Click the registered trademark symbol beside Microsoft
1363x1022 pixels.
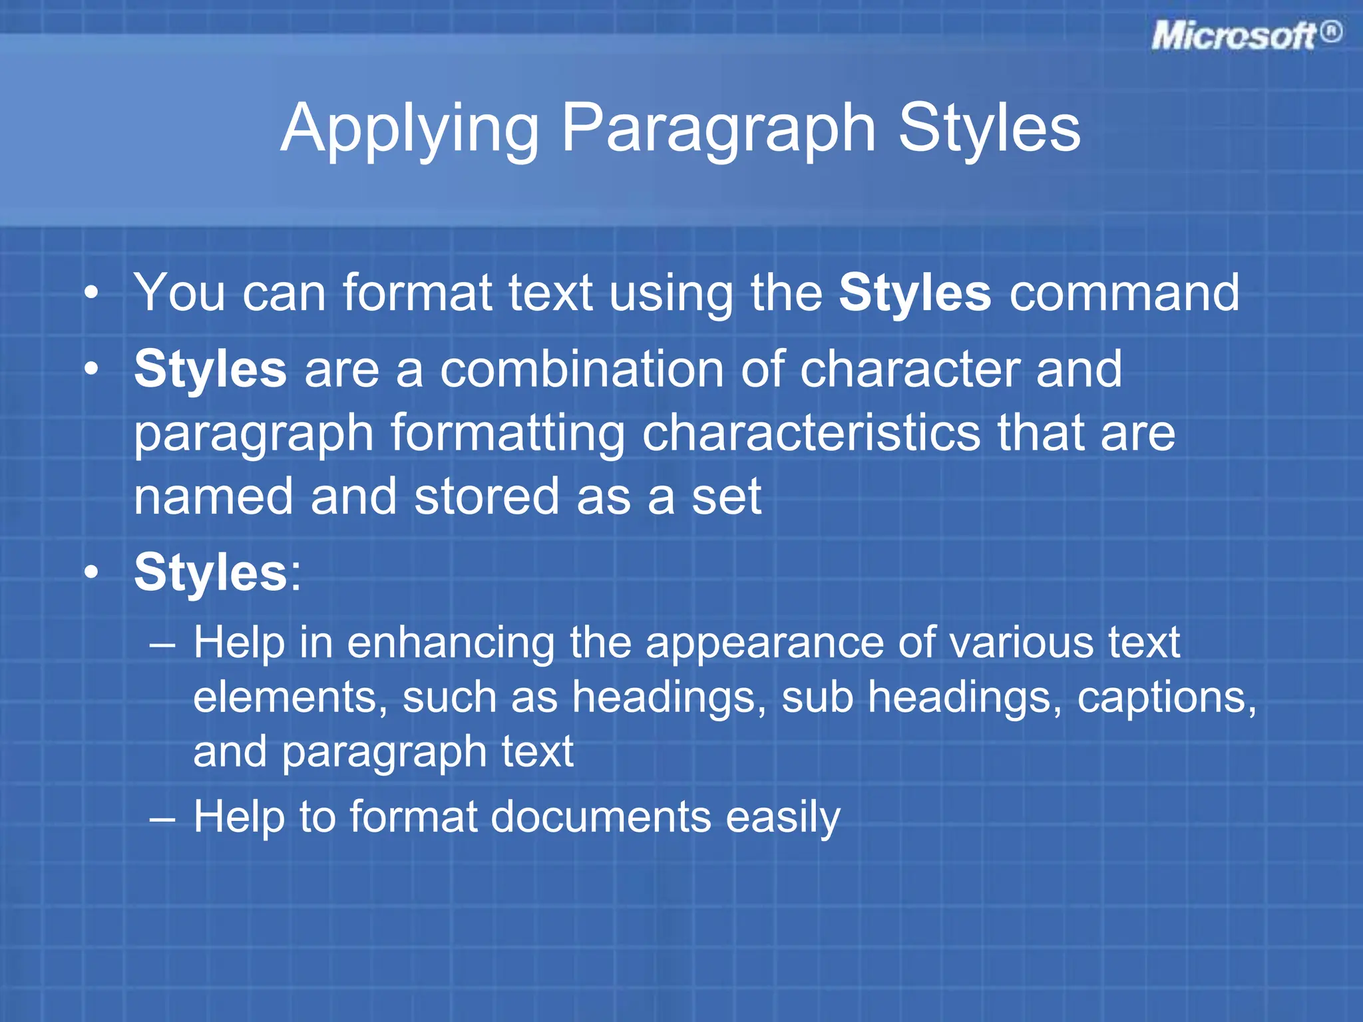[x=1330, y=32]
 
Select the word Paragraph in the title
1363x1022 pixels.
[x=719, y=129]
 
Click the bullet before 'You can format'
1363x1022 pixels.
[x=93, y=293]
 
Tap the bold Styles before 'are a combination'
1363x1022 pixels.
[x=210, y=369]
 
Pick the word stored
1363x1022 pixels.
[x=487, y=496]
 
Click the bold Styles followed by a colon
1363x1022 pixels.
[x=210, y=572]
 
